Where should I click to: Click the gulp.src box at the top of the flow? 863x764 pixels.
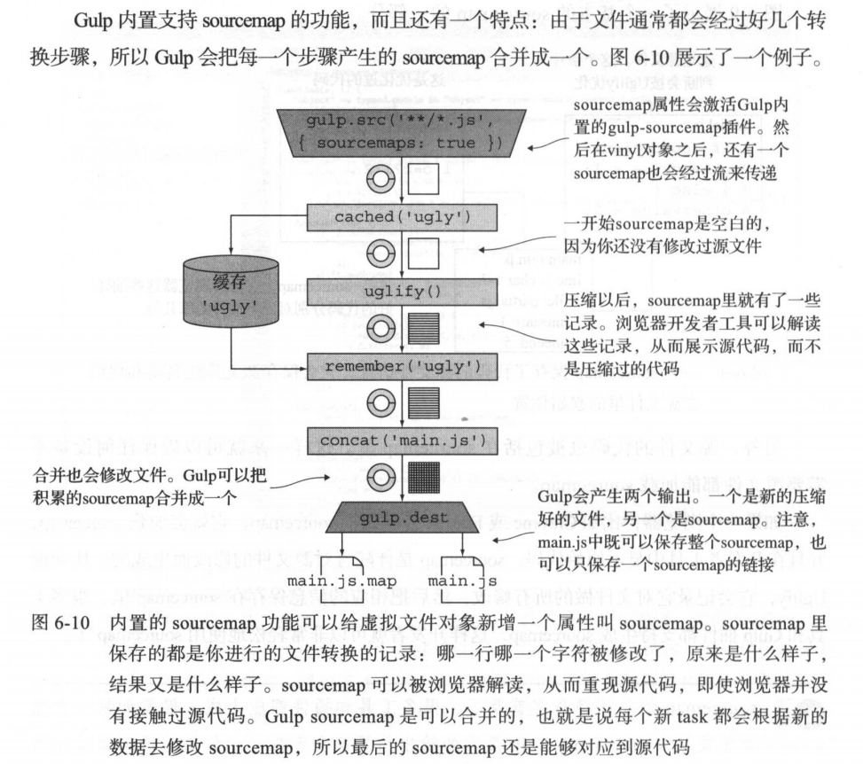pos(396,129)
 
